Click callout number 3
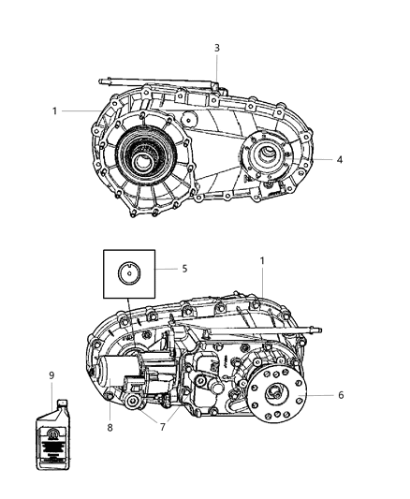point(217,48)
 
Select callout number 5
point(185,268)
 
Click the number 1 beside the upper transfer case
point(56,110)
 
